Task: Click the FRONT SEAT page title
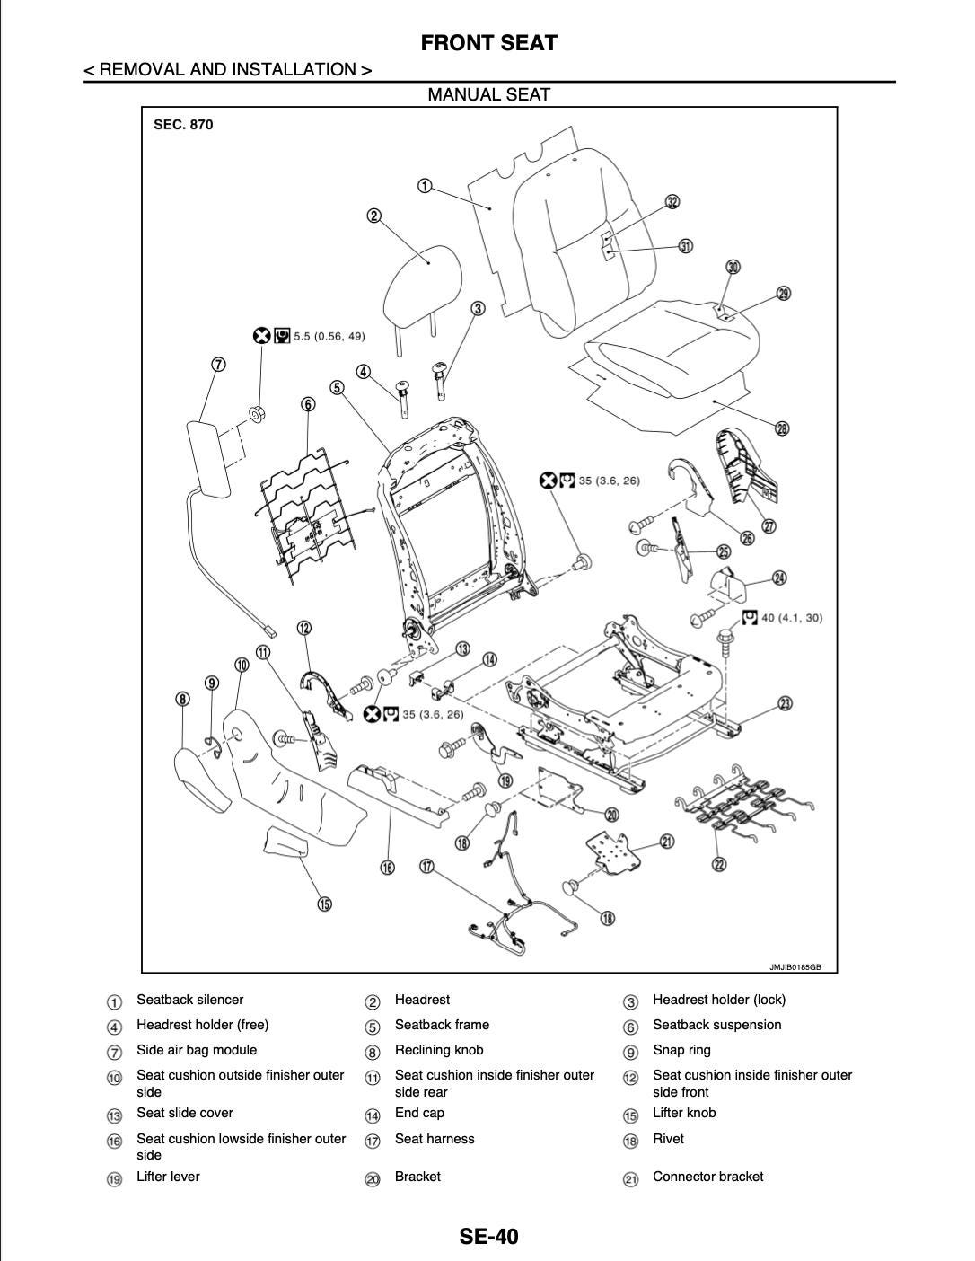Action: pyautogui.click(x=488, y=43)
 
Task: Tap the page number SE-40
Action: pyautogui.click(x=488, y=1236)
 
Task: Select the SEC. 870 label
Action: pyautogui.click(x=183, y=125)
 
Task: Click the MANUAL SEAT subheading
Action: pyautogui.click(x=488, y=94)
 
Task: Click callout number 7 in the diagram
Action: pyautogui.click(x=218, y=365)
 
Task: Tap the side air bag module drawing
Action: pyautogui.click(x=209, y=457)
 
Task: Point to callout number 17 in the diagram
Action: pyautogui.click(x=427, y=866)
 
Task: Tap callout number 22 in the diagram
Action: pyautogui.click(x=719, y=864)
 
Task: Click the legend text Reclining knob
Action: pyautogui.click(x=438, y=1050)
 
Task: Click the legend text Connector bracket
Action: pyautogui.click(x=707, y=1177)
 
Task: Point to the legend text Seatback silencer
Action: pyautogui.click(x=189, y=1000)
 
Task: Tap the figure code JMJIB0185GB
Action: pyautogui.click(x=795, y=967)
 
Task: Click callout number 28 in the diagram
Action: pyautogui.click(x=782, y=428)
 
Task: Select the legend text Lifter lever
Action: pyautogui.click(x=168, y=1177)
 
